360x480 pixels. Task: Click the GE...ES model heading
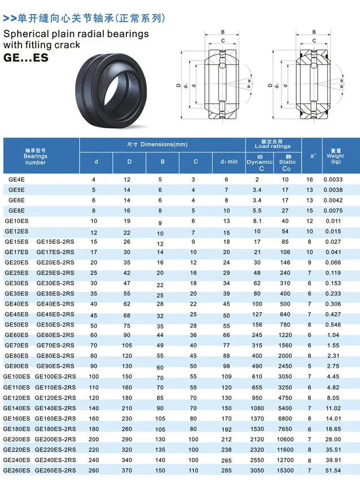pyautogui.click(x=26, y=58)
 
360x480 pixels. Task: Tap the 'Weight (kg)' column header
pyautogui.click(x=335, y=156)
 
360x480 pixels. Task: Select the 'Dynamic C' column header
pyautogui.click(x=260, y=163)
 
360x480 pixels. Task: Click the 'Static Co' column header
pyautogui.click(x=287, y=163)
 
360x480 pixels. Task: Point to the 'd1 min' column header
pyautogui.click(x=229, y=162)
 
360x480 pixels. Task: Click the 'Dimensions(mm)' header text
pyautogui.click(x=164, y=144)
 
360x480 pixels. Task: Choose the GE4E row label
pyautogui.click(x=16, y=180)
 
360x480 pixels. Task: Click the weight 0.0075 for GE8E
pyautogui.click(x=333, y=211)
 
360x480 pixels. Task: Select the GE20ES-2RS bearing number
pyautogui.click(x=55, y=263)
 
